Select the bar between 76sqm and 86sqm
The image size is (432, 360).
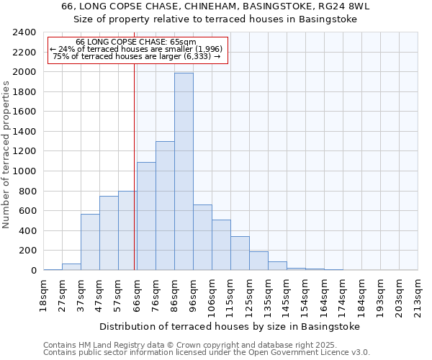(x=165, y=206)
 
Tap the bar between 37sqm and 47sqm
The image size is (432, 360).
(x=90, y=242)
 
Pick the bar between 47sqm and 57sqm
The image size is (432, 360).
(x=109, y=233)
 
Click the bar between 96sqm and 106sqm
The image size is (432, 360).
(x=202, y=238)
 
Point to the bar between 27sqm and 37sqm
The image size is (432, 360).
(x=71, y=266)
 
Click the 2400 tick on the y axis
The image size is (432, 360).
(x=26, y=32)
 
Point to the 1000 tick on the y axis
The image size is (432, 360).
(x=26, y=171)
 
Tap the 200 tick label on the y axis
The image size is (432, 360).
(x=29, y=251)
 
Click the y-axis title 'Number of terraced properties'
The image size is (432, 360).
(x=6, y=155)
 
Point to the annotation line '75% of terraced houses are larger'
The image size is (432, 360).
(x=137, y=56)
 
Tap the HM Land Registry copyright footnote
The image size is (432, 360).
(x=206, y=345)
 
